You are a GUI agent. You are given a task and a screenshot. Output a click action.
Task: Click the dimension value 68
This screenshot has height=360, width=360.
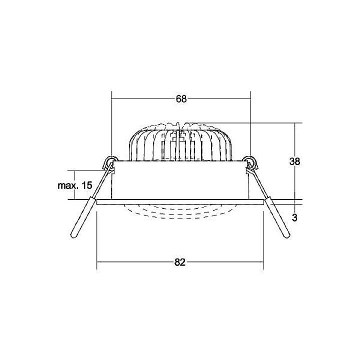point(181,98)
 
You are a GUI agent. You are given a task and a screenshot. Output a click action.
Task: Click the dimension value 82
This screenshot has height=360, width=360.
point(179,262)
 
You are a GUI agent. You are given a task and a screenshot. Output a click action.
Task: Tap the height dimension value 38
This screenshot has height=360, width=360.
point(294,161)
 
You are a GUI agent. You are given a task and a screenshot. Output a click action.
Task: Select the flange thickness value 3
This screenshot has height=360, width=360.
point(294,217)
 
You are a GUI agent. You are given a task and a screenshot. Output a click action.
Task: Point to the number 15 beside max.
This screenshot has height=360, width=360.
point(87,185)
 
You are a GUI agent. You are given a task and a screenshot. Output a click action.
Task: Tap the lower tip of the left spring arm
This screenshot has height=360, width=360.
point(73,236)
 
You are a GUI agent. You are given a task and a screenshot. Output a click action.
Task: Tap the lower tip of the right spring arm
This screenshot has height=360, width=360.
point(287,236)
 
